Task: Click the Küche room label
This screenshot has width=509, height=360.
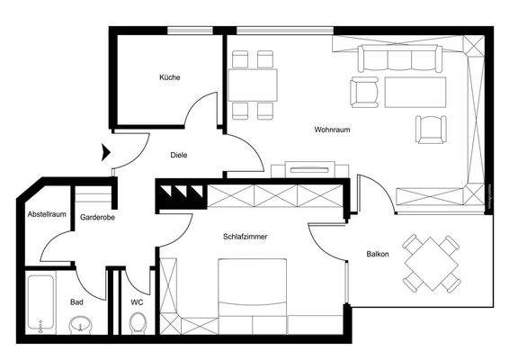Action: pos(170,77)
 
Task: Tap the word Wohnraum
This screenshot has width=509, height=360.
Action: pos(332,130)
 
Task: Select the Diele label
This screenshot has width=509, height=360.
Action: pos(179,155)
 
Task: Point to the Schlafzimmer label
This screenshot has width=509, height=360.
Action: pos(246,236)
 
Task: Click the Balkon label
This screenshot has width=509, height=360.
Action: pos(378,254)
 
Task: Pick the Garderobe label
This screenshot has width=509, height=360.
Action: pos(95,217)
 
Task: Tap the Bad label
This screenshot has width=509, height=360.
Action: pos(76,301)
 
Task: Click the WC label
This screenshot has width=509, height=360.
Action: pos(137,301)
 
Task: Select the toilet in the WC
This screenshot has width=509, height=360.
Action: pos(137,322)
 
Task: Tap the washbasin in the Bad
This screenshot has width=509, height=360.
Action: pos(78,324)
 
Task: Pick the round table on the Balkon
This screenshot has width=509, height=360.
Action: pos(432,262)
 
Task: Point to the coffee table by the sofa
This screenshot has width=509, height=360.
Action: pos(415,91)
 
